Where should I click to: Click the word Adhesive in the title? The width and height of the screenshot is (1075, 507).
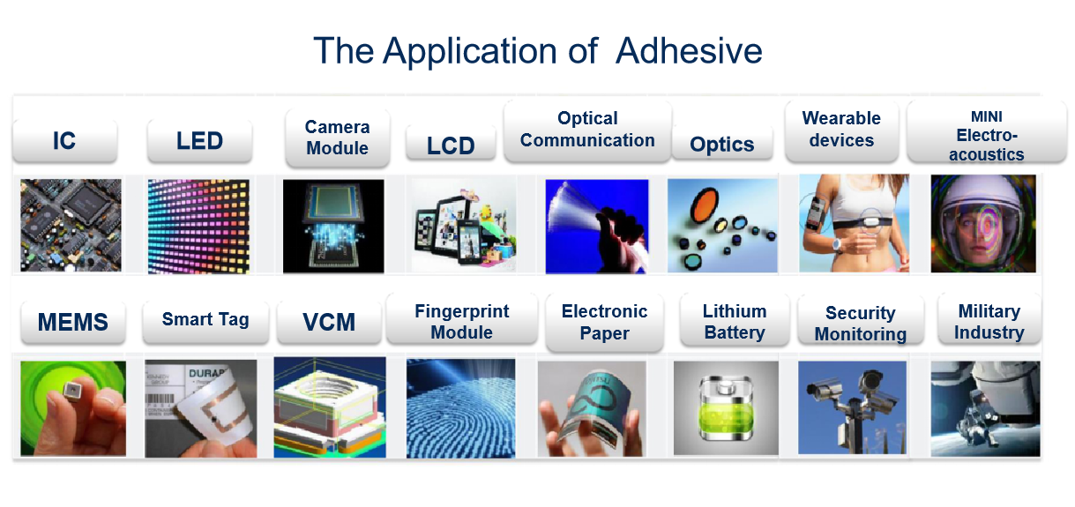tap(689, 51)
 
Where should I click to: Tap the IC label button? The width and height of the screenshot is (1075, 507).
tap(64, 140)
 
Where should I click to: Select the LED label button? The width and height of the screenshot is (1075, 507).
tap(199, 140)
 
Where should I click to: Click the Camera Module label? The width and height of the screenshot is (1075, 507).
tap(338, 138)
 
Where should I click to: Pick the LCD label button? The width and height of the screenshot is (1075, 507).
tap(451, 145)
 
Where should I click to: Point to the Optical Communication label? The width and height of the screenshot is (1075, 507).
tap(587, 130)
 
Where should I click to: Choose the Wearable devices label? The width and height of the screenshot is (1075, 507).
tap(841, 130)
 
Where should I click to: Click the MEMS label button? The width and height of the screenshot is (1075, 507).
tap(73, 322)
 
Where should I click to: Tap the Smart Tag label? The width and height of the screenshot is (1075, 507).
tap(205, 320)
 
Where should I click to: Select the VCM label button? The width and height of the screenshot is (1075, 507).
tap(329, 322)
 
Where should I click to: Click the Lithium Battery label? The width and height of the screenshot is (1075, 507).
tap(735, 321)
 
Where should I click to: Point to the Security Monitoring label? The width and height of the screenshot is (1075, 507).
tap(861, 322)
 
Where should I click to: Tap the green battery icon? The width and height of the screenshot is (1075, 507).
tap(726, 408)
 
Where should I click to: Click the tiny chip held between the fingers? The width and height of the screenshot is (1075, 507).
tap(72, 391)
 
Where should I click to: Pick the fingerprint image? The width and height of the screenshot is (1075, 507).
tap(460, 408)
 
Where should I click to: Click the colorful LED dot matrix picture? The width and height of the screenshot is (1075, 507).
tap(198, 227)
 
